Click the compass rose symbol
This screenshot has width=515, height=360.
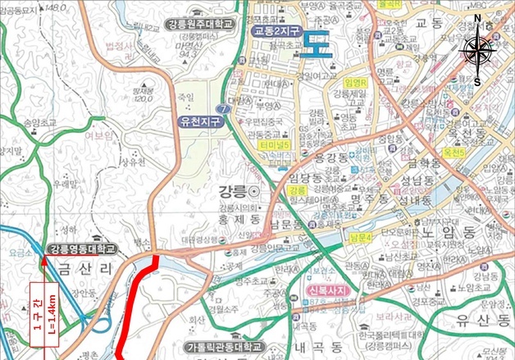(476, 51)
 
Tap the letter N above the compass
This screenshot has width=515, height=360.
(477, 19)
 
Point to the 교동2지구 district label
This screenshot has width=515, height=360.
(276, 31)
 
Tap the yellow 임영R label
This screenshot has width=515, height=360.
(357, 84)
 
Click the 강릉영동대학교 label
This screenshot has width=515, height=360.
(83, 248)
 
